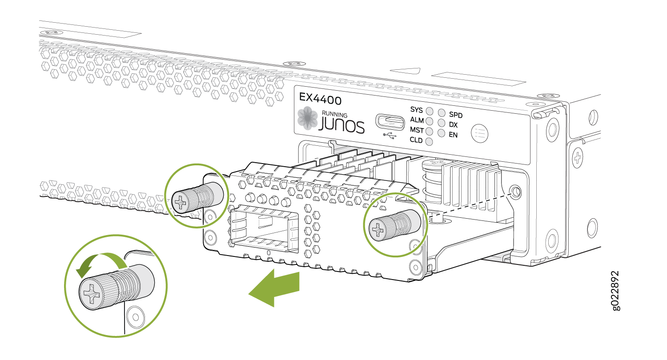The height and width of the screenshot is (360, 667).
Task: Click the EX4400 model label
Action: (320, 99)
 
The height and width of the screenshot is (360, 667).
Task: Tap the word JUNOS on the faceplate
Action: (342, 125)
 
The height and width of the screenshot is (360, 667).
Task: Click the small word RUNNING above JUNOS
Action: (334, 114)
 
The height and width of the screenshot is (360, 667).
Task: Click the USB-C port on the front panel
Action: (390, 122)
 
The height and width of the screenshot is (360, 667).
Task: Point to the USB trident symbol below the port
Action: (390, 136)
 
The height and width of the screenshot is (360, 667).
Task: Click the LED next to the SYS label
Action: (430, 111)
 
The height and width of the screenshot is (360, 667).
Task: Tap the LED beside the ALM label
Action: (430, 121)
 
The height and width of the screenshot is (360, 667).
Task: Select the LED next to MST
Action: (429, 131)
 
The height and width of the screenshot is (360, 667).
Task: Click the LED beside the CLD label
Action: (429, 142)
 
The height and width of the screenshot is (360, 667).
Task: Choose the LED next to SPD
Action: (442, 113)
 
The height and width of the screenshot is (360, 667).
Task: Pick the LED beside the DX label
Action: (442, 123)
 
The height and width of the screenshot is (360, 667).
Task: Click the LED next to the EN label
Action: (441, 133)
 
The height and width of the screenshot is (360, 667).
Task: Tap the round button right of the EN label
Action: (480, 133)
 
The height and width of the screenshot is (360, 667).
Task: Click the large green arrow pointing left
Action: (274, 288)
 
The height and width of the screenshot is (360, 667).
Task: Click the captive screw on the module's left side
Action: (197, 197)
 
